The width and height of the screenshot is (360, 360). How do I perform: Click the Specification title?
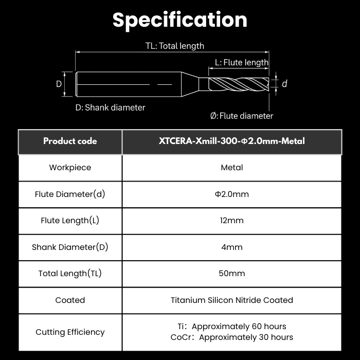point(180,20)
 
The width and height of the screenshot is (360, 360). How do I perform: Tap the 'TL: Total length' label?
point(175,46)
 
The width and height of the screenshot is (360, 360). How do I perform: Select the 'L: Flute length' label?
point(242,62)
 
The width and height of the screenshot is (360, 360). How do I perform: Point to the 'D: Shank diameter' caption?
point(110,107)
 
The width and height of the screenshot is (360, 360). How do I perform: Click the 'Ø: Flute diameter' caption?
point(242,116)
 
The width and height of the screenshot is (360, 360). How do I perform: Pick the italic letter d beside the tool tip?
point(284,83)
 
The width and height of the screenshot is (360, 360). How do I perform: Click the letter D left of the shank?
point(59,84)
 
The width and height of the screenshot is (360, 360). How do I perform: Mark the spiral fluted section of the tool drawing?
point(239,84)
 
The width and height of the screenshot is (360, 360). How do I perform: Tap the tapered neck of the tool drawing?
point(190,84)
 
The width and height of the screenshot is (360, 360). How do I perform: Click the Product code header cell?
point(70,141)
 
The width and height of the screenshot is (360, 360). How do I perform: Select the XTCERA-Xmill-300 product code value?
point(232,141)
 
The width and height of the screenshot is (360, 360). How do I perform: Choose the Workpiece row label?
point(70,168)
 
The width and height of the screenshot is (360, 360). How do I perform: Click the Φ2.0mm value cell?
point(232,194)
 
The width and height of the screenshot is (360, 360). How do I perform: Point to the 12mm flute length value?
point(232,221)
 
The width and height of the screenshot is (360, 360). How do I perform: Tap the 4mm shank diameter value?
point(232,247)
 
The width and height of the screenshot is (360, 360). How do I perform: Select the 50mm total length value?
point(232,274)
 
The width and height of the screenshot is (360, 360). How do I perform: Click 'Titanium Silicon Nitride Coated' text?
point(232,300)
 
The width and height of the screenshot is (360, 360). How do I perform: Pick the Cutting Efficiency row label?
point(70,332)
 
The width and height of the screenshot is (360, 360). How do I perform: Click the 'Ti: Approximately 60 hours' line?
point(232,327)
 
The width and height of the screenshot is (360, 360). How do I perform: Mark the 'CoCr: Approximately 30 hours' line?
point(232,337)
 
